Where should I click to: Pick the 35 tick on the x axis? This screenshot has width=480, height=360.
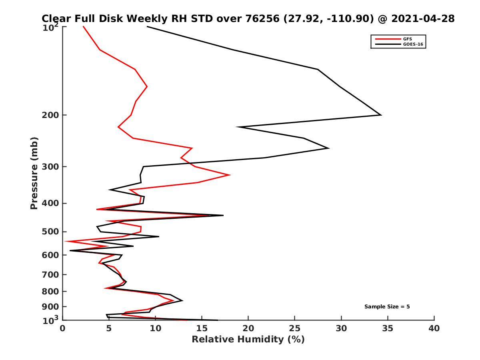click(388, 328)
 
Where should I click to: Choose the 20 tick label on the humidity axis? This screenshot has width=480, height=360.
click(248, 328)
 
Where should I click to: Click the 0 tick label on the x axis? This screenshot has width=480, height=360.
click(63, 328)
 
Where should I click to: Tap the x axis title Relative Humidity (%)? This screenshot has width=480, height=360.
click(248, 340)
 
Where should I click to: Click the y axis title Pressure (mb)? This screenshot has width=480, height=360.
click(34, 173)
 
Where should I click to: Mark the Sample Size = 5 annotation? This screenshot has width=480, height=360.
click(387, 307)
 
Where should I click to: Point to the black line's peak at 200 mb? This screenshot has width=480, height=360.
click(381, 115)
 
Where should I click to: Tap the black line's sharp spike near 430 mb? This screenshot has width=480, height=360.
click(223, 215)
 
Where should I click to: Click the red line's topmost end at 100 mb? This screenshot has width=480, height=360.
click(83, 26)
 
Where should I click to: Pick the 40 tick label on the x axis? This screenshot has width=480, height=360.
click(434, 328)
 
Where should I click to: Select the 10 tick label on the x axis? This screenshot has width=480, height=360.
click(156, 328)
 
